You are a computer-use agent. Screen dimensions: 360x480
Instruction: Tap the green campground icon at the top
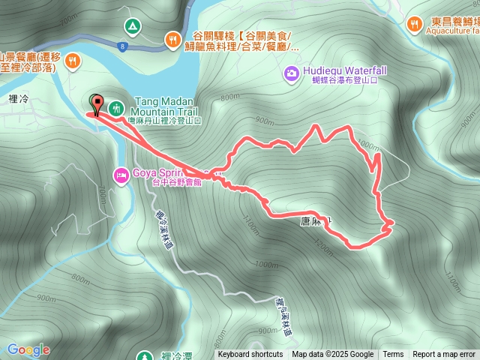point(133,27)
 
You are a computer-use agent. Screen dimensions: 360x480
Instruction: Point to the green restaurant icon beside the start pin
point(116,108)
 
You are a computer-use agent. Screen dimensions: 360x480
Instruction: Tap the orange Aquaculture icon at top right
point(413,25)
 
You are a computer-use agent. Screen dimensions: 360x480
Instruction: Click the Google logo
point(28,349)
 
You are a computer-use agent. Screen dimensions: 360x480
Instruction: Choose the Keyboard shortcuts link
point(250,355)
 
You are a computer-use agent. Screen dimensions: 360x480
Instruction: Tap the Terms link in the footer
point(393,355)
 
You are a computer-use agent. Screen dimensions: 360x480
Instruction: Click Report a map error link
point(444,355)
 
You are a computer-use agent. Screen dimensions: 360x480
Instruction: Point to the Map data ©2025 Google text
point(333,355)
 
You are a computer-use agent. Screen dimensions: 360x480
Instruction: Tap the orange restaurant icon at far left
point(73,59)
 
